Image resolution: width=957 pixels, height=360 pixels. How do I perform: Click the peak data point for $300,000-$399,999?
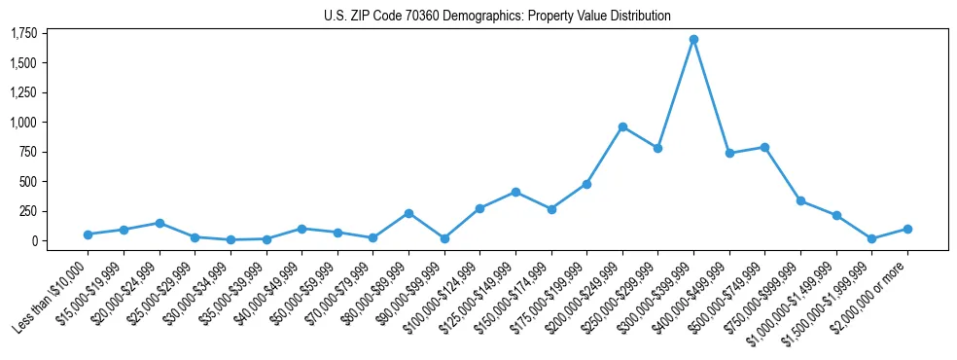tap(693, 40)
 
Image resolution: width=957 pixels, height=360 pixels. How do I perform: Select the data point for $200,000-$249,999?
tap(622, 126)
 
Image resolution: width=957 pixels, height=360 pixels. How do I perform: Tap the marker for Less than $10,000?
tap(88, 234)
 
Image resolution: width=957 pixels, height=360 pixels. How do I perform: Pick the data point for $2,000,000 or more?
tap(907, 229)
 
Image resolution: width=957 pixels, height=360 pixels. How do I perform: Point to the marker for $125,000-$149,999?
tap(515, 192)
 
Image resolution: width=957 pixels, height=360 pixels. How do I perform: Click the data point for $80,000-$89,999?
tap(408, 213)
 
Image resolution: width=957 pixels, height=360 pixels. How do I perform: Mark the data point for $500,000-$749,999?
tap(764, 147)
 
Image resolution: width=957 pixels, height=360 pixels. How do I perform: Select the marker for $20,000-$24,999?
tap(159, 223)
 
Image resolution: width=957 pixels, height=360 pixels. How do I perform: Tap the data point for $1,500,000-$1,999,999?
tap(871, 238)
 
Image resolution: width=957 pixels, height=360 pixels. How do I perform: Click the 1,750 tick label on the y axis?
tap(23, 34)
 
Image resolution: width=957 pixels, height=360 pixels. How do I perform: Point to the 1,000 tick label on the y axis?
tap(23, 123)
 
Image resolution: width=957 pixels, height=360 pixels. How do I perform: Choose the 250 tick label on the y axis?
tap(28, 211)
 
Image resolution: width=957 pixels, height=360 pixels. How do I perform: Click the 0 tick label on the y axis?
tap(34, 241)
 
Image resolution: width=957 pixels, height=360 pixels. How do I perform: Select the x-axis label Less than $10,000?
tap(53, 294)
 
